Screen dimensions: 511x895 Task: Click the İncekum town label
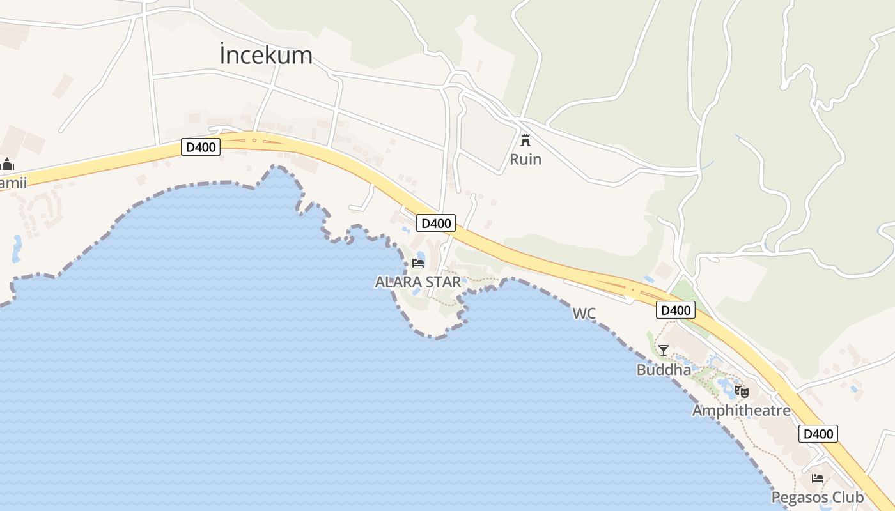[266, 56]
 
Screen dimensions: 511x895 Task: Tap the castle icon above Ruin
[525, 140]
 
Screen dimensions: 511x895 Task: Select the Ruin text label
[525, 159]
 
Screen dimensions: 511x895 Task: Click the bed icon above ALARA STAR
[418, 263]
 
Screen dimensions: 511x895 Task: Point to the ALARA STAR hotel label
[417, 282]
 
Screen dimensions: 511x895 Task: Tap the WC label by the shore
[584, 313]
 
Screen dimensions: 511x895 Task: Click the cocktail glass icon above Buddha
[664, 350]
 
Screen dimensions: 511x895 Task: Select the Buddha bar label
[664, 370]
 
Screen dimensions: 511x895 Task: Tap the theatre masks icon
[742, 391]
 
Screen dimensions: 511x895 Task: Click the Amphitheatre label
[742, 410]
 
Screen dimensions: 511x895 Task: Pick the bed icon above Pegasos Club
[818, 478]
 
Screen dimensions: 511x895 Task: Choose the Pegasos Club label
[818, 497]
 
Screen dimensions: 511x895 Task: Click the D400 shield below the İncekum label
[201, 147]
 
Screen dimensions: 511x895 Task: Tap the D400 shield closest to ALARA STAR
[436, 223]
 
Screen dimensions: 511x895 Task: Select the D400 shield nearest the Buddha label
[676, 310]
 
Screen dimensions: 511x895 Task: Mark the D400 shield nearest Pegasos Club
[818, 434]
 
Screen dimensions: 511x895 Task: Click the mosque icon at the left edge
[7, 164]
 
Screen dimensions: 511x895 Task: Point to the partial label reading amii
[13, 183]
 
